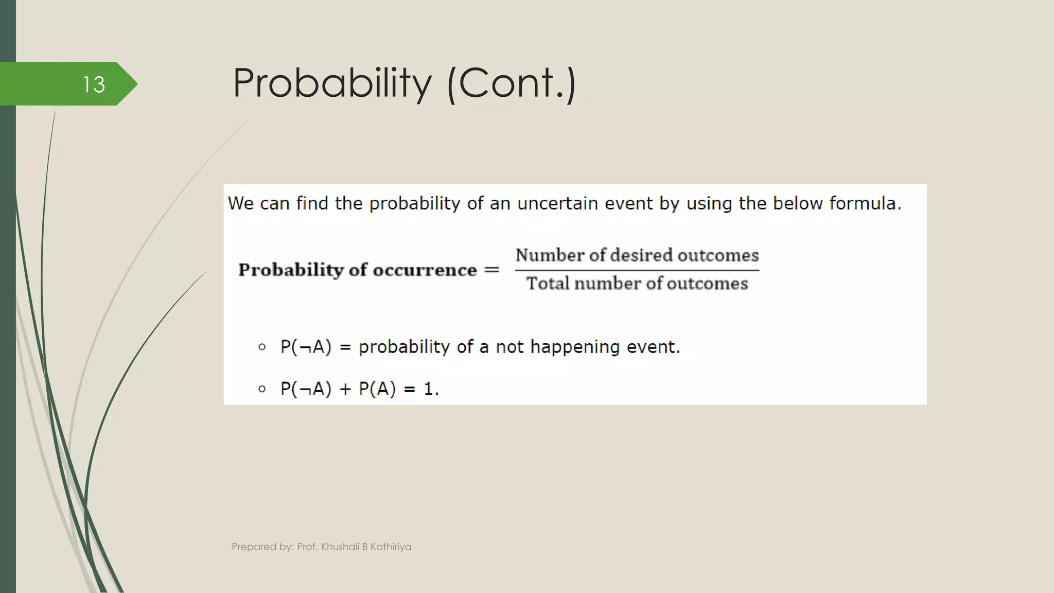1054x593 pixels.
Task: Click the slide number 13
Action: coord(94,84)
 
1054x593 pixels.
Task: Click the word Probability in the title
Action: coord(332,83)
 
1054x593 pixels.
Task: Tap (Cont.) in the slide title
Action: coord(512,83)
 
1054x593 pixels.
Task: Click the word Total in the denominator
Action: coord(548,284)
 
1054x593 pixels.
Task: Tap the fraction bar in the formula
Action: coord(637,270)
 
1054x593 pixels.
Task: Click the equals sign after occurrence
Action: coord(491,270)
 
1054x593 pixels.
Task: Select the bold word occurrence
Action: coord(425,270)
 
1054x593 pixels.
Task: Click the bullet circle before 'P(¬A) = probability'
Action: coord(262,347)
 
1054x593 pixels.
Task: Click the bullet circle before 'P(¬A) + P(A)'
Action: coord(262,389)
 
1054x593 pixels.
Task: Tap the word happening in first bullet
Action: coord(575,347)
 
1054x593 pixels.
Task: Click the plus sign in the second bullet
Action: coord(344,389)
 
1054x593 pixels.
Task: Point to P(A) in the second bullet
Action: coord(377,389)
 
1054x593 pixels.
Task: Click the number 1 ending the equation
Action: coord(428,389)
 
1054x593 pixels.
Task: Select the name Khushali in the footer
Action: coord(340,547)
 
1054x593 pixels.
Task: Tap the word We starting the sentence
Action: coord(240,203)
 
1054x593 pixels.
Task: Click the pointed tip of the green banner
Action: coord(136,84)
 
